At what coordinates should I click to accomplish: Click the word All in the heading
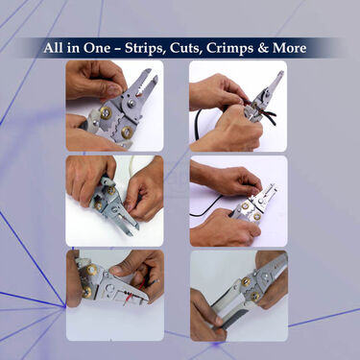click(x=56, y=48)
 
